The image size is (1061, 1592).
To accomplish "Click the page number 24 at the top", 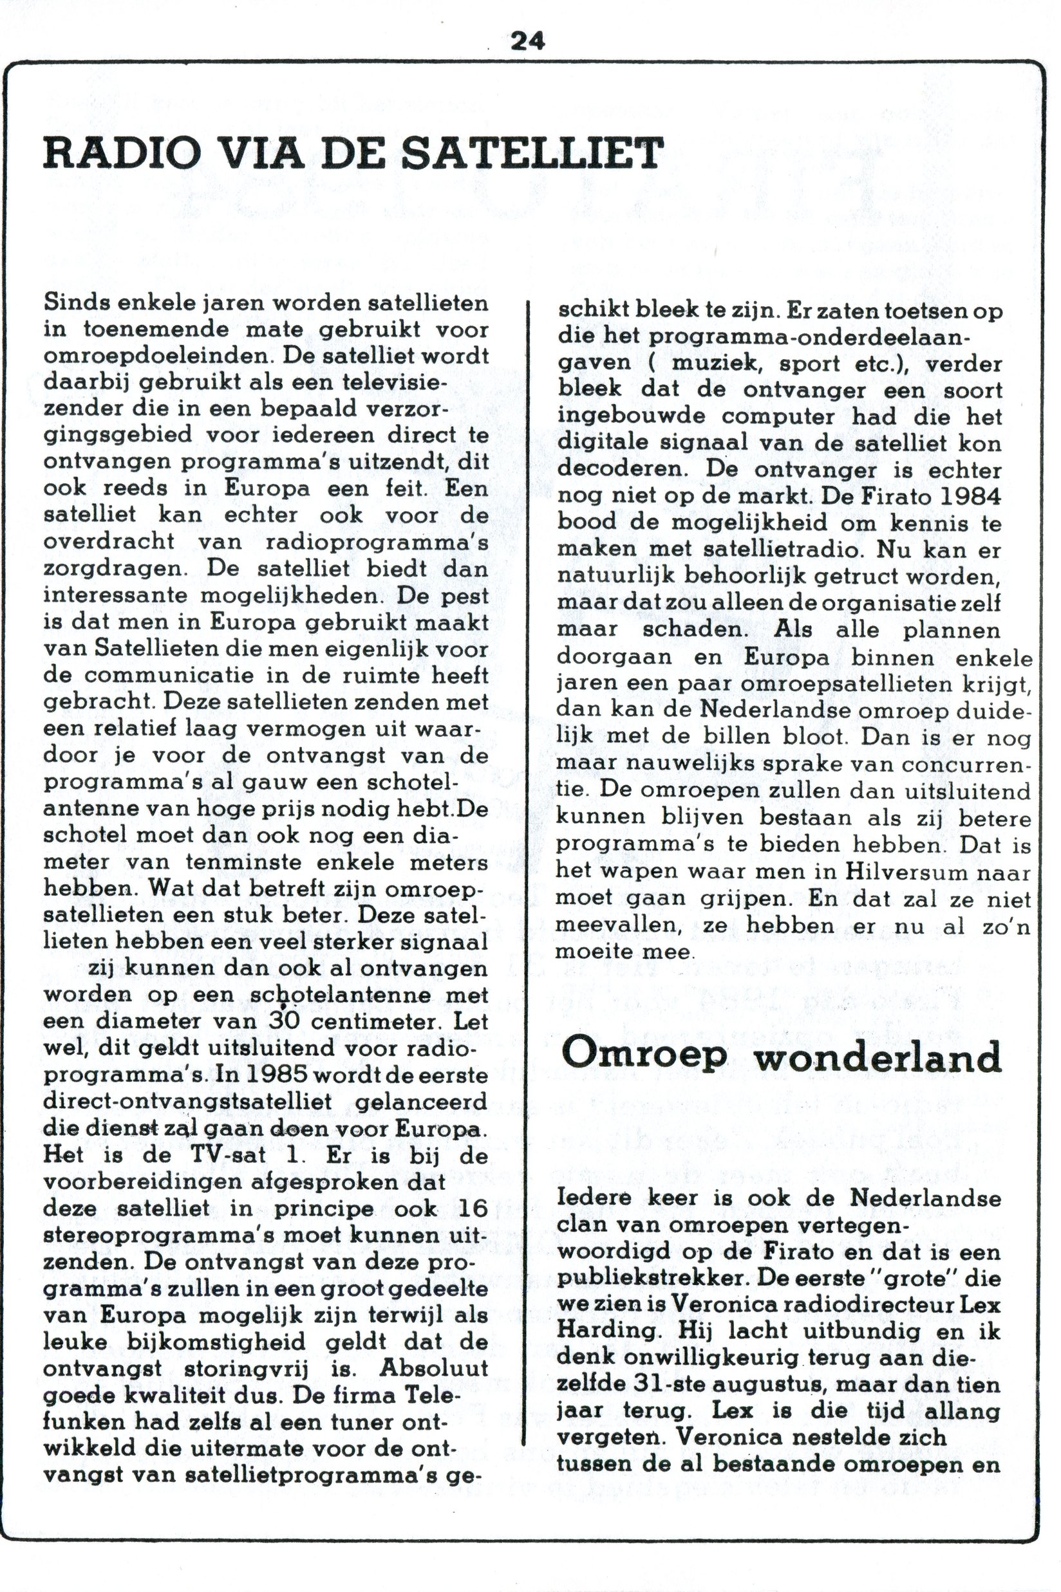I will pyautogui.click(x=527, y=42).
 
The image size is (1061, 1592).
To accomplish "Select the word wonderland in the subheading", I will pyautogui.click(x=878, y=1057).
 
